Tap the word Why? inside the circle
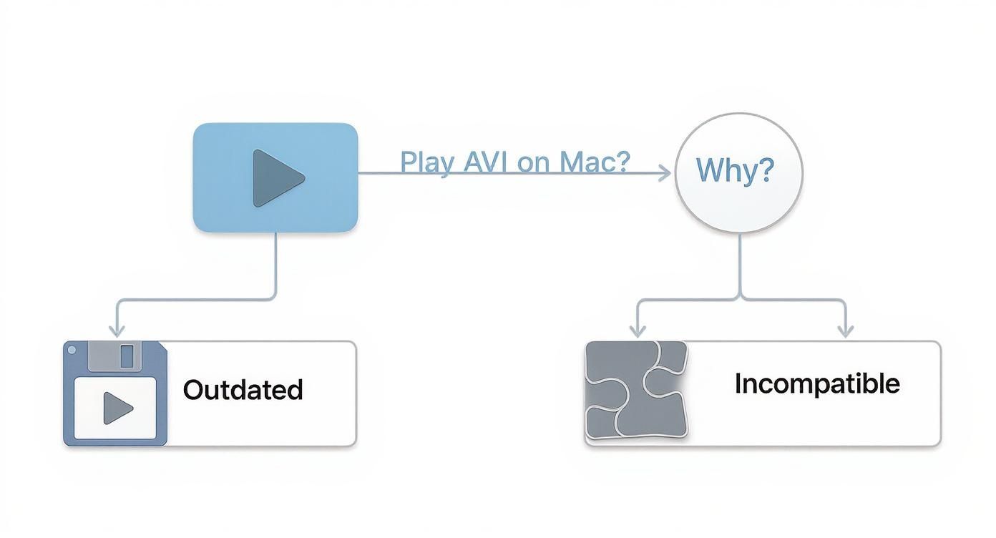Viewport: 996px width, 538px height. click(735, 170)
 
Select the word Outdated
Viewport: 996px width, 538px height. click(243, 390)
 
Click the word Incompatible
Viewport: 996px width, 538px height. click(817, 384)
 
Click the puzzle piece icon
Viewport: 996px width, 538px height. click(636, 390)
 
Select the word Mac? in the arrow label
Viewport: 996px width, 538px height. click(595, 162)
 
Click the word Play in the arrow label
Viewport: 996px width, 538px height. click(426, 162)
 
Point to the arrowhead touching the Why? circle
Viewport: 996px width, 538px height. click(665, 172)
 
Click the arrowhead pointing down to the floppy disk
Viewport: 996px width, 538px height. click(116, 330)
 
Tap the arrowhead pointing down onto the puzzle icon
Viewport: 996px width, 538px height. click(636, 330)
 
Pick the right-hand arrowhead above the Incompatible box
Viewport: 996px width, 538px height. click(845, 330)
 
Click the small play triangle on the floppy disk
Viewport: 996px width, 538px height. click(117, 409)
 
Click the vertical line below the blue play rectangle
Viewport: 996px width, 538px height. click(275, 265)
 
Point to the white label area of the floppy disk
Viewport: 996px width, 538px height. click(115, 409)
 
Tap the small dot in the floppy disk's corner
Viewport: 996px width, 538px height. click(71, 351)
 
